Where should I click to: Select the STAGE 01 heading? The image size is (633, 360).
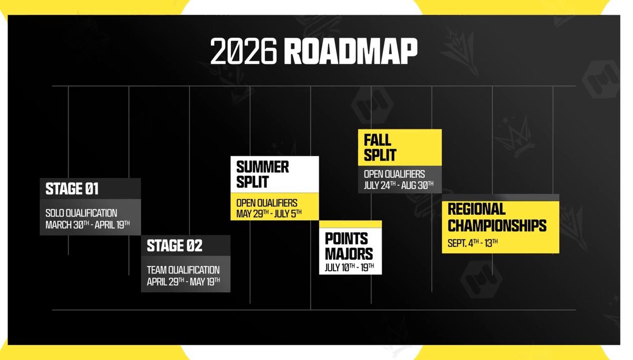pos(72,188)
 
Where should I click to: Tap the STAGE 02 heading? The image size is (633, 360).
pos(175,245)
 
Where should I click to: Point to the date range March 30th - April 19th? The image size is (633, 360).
pos(87,224)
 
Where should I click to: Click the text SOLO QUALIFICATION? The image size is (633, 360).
pos(81,213)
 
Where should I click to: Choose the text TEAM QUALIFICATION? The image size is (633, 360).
pos(183,270)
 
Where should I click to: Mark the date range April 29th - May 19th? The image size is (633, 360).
pos(183,281)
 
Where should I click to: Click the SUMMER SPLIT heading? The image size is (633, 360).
pos(263,175)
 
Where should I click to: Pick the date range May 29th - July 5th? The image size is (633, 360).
pos(268,214)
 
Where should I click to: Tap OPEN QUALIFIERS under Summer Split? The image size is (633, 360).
pos(267,203)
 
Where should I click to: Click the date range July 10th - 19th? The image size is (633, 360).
pos(350,267)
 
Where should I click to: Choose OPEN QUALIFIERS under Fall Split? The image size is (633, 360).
pos(395,174)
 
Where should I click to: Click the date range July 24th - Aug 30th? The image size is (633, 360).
pos(398,185)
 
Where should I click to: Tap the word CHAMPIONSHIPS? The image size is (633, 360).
pos(497,225)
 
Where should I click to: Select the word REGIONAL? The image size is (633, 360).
pos(476,209)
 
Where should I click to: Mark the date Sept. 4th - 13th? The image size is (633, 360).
pos(473,243)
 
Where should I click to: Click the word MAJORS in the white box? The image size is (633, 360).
pos(349,253)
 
